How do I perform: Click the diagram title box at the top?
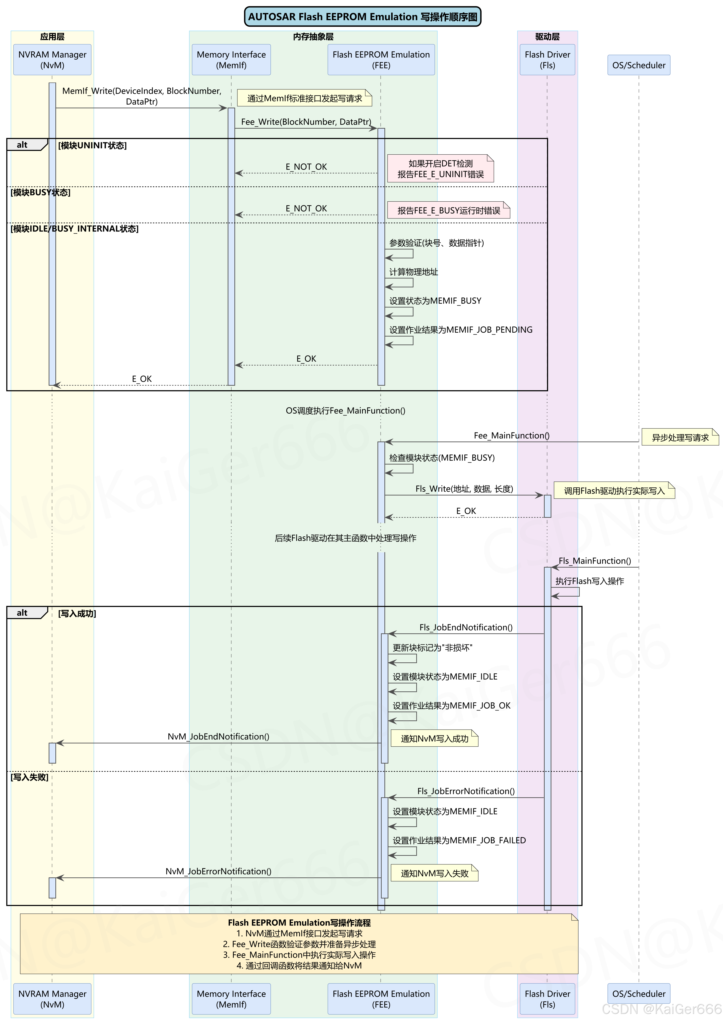(x=363, y=16)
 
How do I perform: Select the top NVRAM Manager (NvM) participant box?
(x=52, y=60)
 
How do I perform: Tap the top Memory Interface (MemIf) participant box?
(x=231, y=60)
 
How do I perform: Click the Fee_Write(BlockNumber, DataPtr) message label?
(x=306, y=121)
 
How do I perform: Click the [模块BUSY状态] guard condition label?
(x=40, y=192)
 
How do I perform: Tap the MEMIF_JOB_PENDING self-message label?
(x=461, y=330)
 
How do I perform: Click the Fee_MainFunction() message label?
(x=512, y=435)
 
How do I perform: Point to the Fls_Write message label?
(x=464, y=489)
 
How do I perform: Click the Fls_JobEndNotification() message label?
(x=466, y=627)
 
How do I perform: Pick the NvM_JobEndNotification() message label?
(x=218, y=736)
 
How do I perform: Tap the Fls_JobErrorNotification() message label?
(x=466, y=791)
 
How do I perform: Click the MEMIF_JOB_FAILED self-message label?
(x=459, y=840)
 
